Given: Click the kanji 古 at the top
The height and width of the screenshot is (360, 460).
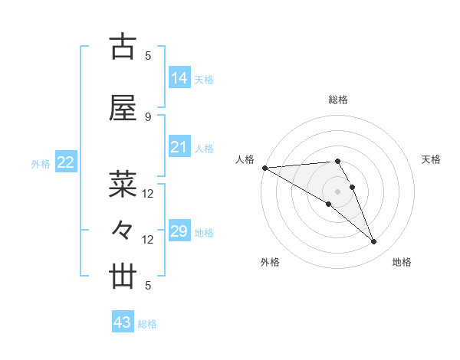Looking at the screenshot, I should click(123, 47).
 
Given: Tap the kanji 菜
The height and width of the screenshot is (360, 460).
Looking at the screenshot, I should click(123, 185).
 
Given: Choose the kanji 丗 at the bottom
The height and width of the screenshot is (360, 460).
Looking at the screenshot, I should click(123, 277).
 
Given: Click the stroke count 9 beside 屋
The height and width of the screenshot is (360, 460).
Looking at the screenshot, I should click(148, 116).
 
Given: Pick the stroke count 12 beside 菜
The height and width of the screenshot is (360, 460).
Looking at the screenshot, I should click(148, 194).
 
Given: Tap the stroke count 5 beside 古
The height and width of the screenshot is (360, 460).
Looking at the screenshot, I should click(148, 56).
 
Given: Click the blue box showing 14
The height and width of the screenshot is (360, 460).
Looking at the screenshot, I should click(179, 78).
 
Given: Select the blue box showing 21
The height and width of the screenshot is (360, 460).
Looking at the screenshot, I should click(179, 147).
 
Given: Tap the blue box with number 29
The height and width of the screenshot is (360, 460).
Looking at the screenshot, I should click(179, 231).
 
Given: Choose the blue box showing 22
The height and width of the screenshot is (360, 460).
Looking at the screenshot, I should click(66, 162).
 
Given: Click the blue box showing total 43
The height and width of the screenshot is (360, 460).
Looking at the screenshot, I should click(123, 322).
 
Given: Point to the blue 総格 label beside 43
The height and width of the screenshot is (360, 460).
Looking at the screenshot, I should click(148, 324).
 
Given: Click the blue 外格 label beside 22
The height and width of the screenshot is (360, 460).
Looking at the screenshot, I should click(41, 163).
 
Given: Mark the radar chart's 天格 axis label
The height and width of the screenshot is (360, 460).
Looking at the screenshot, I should click(432, 159).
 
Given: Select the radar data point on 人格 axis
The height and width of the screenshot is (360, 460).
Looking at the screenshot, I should click(264, 168).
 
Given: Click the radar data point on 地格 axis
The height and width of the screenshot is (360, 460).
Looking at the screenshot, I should click(373, 241).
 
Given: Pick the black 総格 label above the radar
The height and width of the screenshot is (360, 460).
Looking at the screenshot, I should click(338, 100).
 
